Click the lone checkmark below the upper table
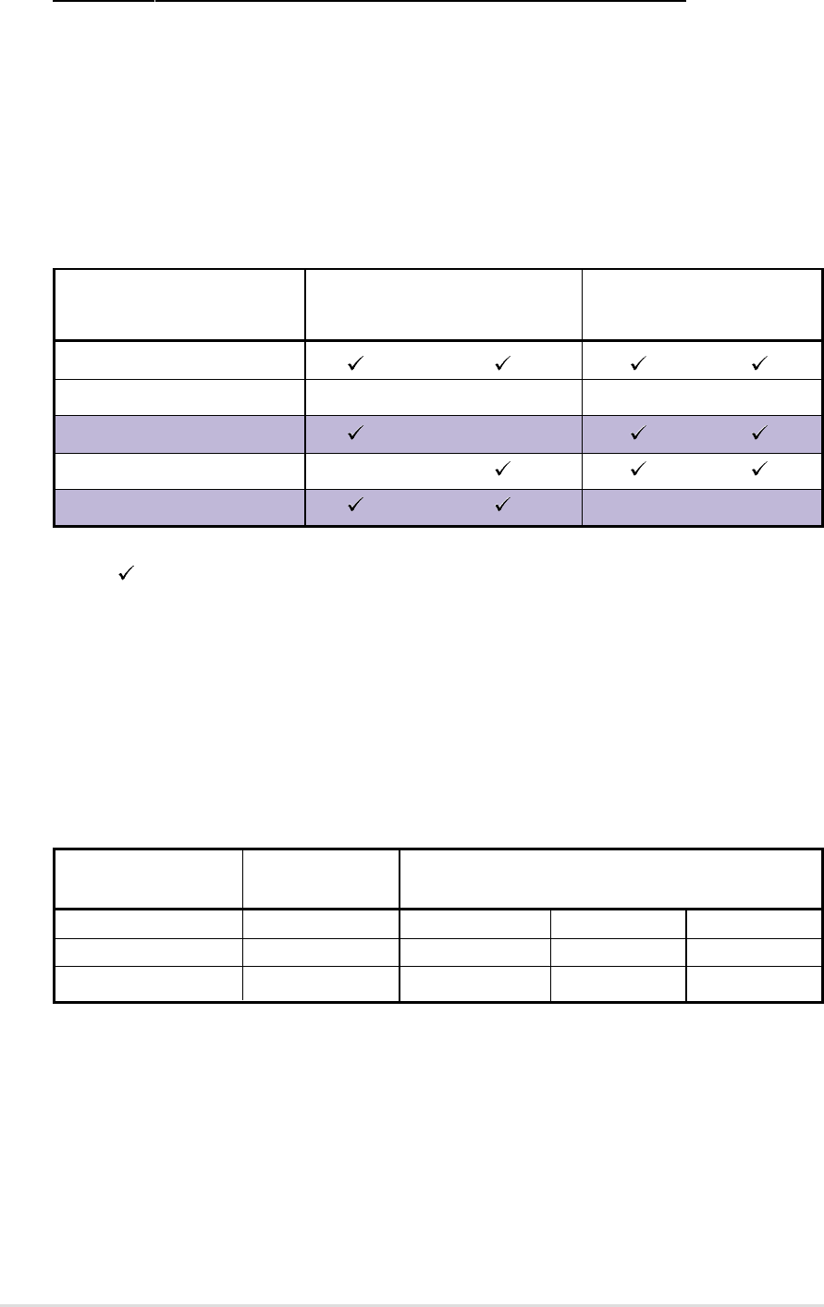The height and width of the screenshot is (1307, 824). coord(121,576)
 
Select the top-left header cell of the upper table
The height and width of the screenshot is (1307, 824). coord(179,305)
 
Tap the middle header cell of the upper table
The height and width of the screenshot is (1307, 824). coord(443,305)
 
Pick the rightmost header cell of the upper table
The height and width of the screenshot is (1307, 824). coord(702,305)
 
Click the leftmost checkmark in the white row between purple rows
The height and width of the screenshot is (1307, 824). coord(502,470)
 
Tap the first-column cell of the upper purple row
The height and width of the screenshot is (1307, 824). coord(179,431)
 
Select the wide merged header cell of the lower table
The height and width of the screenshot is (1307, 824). coord(610,878)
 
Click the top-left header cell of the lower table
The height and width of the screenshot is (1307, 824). coord(148,878)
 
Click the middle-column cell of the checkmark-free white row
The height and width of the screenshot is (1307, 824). coord(443,398)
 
